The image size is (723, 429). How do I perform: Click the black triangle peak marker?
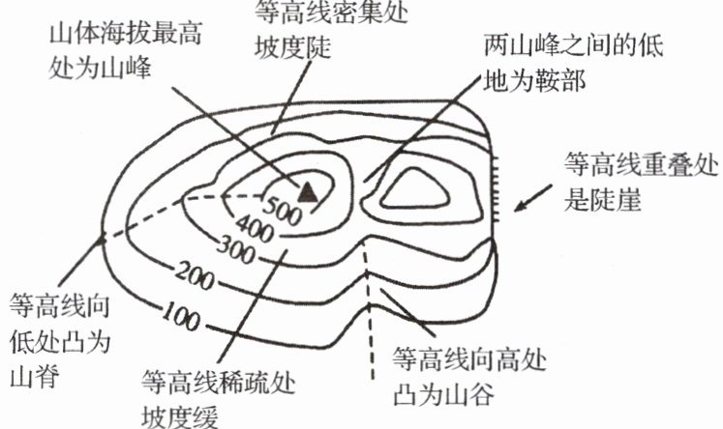(x=307, y=190)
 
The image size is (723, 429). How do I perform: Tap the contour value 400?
(x=253, y=231)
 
